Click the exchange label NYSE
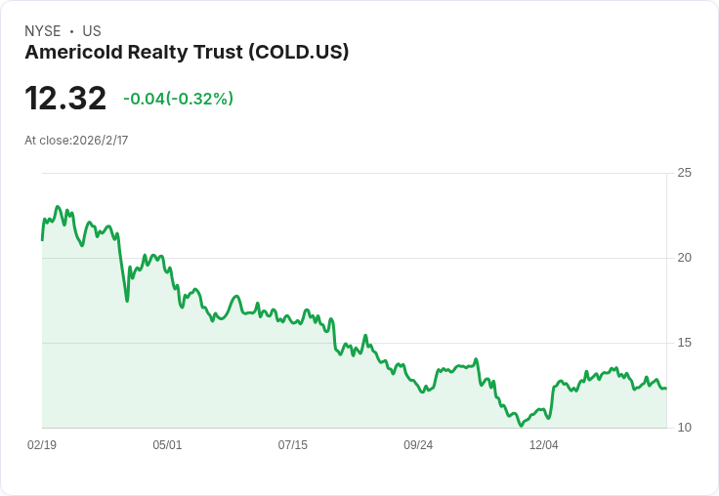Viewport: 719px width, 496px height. coord(43,31)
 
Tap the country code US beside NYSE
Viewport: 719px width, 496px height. coord(92,31)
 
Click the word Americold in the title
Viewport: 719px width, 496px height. coord(74,52)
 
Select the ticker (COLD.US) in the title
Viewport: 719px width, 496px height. coord(299,52)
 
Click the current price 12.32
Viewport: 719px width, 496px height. coord(65,98)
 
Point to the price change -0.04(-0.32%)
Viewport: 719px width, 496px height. coord(179,99)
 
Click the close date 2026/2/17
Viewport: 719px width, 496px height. coord(101,141)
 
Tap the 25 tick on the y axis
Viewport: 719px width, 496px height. coord(684,173)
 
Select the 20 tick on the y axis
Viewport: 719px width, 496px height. coord(684,258)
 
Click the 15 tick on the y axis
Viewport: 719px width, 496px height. coord(684,343)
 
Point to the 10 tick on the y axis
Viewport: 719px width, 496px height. coord(684,428)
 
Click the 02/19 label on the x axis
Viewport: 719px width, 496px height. coord(42,444)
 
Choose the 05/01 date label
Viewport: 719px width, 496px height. coord(167,444)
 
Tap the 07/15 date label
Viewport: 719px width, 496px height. coord(292,444)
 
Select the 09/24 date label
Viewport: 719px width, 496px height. coord(418,444)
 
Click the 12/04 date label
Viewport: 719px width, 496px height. coord(544,444)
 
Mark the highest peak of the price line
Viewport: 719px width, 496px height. coord(58,207)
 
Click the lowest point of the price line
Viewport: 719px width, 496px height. coord(521,426)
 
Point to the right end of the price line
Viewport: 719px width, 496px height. coord(666,389)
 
